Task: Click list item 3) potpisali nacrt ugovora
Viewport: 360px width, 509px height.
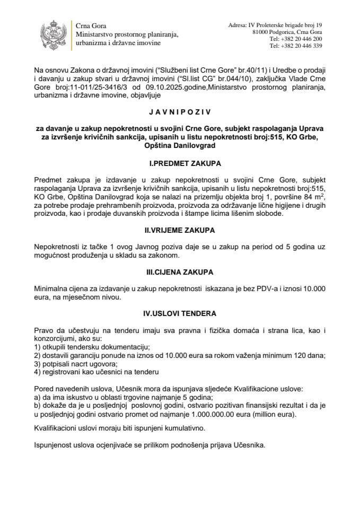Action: click(x=72, y=363)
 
